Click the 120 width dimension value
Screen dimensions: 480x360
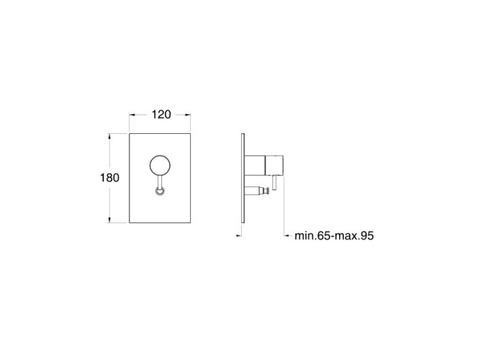pos(161,114)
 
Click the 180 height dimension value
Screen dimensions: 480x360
pos(109,178)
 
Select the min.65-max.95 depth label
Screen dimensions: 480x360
pos(334,236)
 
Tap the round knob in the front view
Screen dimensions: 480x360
pos(160,166)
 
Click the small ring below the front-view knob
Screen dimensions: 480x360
pos(160,192)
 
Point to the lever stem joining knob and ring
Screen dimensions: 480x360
pos(160,181)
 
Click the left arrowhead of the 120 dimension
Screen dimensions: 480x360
pos(132,115)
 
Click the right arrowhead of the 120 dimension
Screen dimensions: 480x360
pos(187,115)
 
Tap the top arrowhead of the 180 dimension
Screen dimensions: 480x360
pos(109,137)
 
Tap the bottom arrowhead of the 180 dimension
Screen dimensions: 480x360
pos(109,220)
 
